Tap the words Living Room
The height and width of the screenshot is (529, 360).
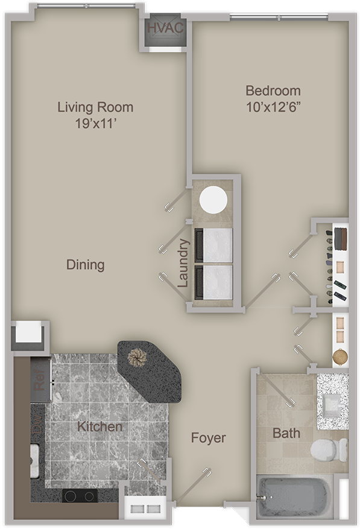click(95, 107)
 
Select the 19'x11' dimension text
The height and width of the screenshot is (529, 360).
click(95, 124)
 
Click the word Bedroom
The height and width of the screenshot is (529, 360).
click(273, 91)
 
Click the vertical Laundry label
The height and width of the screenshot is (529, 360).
click(184, 264)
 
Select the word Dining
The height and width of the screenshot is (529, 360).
click(85, 264)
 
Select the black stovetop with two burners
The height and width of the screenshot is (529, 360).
click(80, 496)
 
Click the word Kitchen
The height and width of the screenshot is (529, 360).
click(100, 426)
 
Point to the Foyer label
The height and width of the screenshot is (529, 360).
click(209, 437)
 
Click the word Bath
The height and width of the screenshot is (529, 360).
click(286, 432)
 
